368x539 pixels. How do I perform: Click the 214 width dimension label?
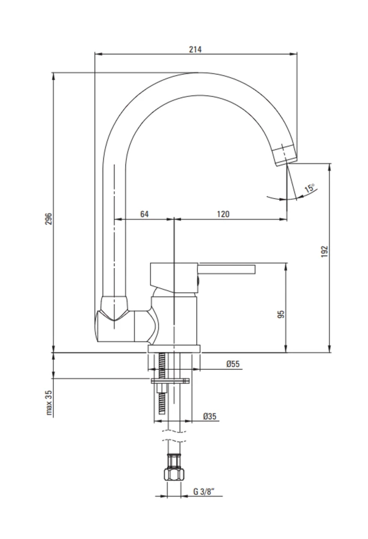click(195, 49)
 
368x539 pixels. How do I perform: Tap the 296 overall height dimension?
click(49, 219)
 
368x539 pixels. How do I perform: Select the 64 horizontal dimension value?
click(144, 214)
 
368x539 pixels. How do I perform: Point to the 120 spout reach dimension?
click(223, 214)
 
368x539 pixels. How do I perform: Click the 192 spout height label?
click(325, 251)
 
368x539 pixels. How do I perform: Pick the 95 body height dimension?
click(281, 314)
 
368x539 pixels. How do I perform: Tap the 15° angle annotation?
click(309, 188)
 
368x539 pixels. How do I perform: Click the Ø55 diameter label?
click(233, 364)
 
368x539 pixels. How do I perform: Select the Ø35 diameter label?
click(209, 416)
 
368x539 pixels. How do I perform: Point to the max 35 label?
click(49, 403)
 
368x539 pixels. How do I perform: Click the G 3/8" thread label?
click(203, 492)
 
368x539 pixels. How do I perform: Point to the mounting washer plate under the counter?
click(170, 381)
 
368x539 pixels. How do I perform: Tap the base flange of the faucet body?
click(174, 349)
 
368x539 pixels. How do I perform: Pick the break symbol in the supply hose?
click(174, 436)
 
